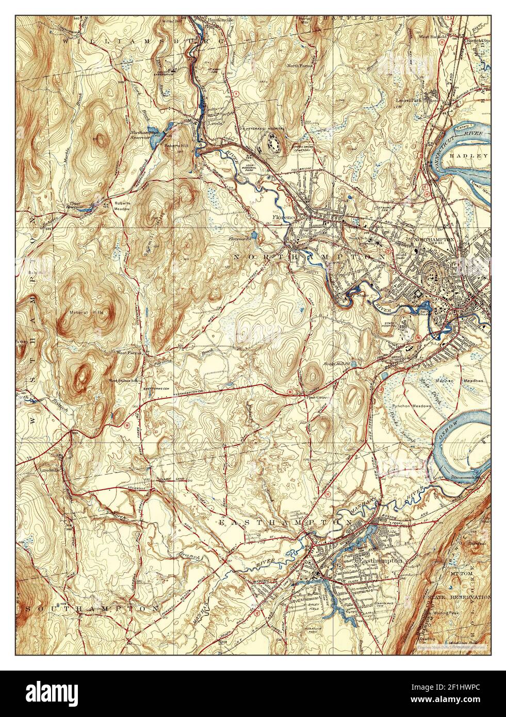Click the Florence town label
tap(283, 218)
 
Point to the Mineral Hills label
tap(87, 313)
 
